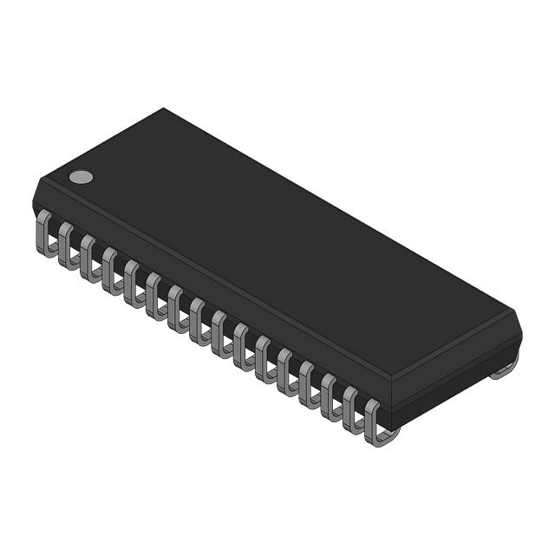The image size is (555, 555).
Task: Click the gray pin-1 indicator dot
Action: tap(81, 177)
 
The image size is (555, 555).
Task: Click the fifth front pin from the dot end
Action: tap(132, 284)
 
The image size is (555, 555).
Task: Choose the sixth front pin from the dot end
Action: tap(154, 296)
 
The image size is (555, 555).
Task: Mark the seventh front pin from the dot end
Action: tap(176, 308)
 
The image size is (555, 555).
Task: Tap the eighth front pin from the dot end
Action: tap(198, 320)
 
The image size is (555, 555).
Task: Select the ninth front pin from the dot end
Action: tap(219, 332)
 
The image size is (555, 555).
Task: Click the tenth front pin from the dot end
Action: tap(242, 344)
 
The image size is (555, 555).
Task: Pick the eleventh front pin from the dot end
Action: tap(264, 356)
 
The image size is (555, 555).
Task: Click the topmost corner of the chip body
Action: tap(163, 109)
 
